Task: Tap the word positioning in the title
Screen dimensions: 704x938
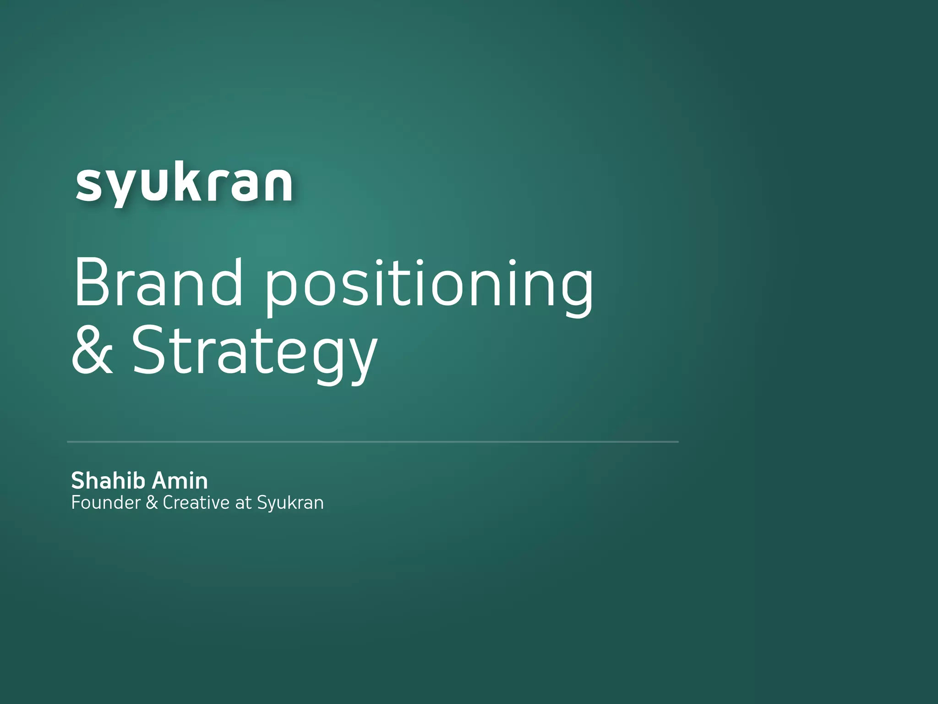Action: (x=428, y=286)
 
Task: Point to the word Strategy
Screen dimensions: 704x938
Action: (x=254, y=353)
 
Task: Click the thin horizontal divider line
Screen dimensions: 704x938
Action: (x=373, y=442)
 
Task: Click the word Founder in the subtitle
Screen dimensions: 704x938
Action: (x=106, y=503)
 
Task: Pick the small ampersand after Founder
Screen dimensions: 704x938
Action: (x=152, y=503)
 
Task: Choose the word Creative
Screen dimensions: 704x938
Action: (x=196, y=503)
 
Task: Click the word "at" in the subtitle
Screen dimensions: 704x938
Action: (x=243, y=503)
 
